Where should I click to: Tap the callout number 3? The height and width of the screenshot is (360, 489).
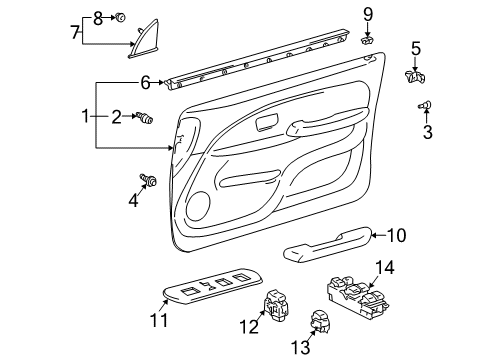pyautogui.click(x=428, y=132)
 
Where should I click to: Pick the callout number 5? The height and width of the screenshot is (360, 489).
pyautogui.click(x=416, y=47)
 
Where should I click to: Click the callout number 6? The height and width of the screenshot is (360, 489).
pyautogui.click(x=145, y=82)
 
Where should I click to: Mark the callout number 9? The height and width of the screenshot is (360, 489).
pyautogui.click(x=368, y=13)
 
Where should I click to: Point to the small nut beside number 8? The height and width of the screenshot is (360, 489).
pyautogui.click(x=119, y=17)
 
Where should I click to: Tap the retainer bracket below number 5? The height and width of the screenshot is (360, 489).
pyautogui.click(x=415, y=75)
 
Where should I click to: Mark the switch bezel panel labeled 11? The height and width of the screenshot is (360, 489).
pyautogui.click(x=210, y=287)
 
